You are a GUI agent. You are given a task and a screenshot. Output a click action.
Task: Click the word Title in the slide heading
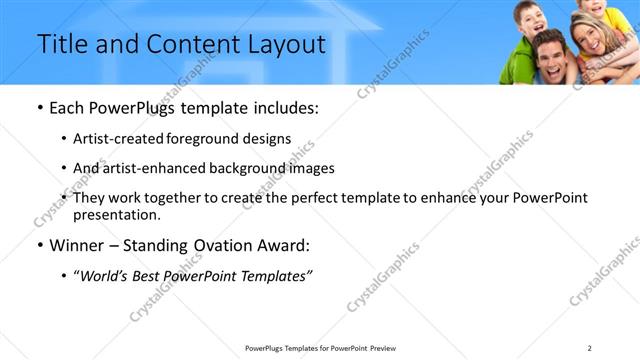[61, 45]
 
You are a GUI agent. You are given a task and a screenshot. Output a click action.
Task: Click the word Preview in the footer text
[384, 347]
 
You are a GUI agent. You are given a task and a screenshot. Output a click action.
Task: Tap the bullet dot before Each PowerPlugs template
[39, 108]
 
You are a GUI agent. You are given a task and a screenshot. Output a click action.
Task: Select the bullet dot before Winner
[39, 245]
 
